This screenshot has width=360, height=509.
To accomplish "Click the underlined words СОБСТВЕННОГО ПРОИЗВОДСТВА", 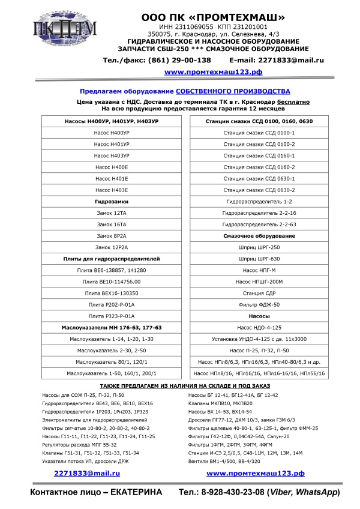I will point(233,91).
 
